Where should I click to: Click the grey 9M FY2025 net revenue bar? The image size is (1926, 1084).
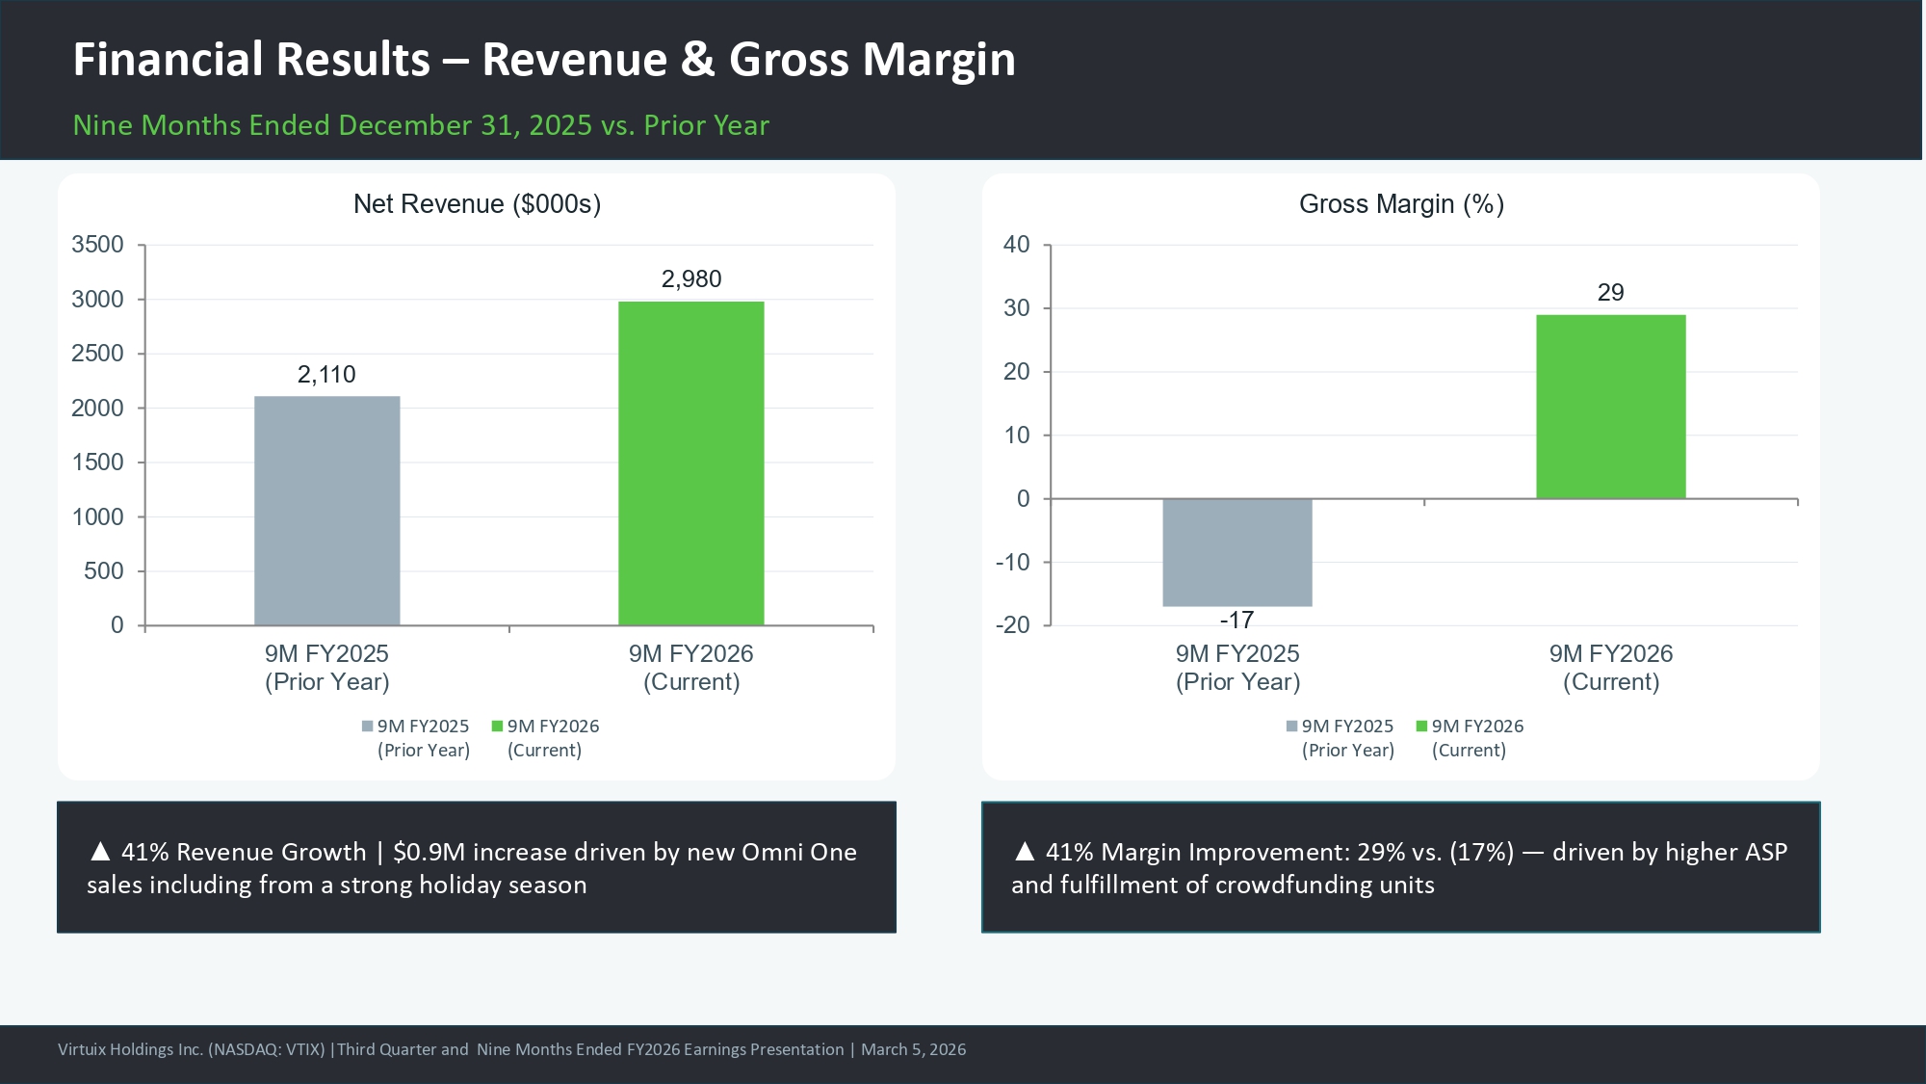[326, 511]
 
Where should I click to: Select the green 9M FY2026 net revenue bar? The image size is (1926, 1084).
[690, 463]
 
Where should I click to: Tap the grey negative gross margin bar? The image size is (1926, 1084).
[1236, 552]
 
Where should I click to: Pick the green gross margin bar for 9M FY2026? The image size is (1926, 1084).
[1610, 407]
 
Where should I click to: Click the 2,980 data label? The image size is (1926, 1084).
[690, 279]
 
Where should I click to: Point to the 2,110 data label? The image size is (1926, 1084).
[326, 375]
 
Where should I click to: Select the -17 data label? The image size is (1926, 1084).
[1236, 621]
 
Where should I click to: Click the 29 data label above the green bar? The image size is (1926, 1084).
[1610, 293]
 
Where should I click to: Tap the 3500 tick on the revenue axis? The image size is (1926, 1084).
[97, 245]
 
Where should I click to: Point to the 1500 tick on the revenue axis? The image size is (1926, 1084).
[97, 463]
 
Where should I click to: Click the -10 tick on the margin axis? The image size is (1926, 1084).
[1012, 563]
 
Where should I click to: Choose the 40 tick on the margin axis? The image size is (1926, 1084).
[1016, 245]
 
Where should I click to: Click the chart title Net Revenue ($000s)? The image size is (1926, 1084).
[477, 204]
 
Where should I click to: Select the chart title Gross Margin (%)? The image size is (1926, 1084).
[1401, 204]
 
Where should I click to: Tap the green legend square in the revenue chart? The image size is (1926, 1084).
[497, 727]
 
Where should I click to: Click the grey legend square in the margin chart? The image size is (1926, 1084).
[1291, 727]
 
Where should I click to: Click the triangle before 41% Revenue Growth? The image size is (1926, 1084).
[100, 851]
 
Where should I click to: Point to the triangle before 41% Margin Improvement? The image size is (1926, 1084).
[1025, 851]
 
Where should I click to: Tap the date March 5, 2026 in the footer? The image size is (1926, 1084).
[913, 1049]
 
